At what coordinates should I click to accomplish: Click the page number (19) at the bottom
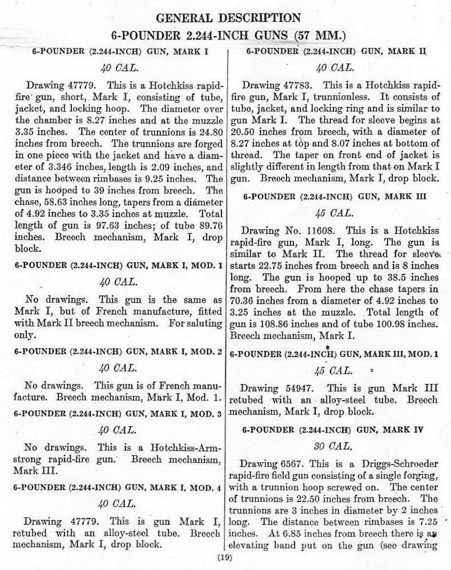coord(224,558)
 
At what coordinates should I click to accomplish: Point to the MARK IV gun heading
coord(339,429)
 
